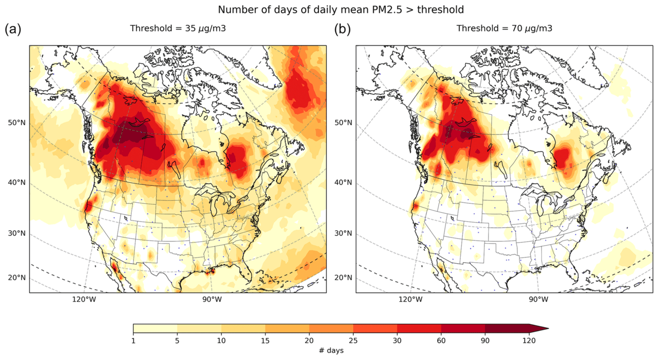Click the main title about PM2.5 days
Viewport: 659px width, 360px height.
340,9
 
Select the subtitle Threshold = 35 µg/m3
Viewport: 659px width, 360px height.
178,29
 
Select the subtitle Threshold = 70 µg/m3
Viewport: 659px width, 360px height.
504,29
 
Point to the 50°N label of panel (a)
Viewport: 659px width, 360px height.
16,123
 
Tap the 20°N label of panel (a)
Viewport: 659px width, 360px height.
16,278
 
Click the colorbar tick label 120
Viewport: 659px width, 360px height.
529,340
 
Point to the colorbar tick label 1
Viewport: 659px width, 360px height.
133,340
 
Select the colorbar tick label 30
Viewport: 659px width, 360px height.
397,340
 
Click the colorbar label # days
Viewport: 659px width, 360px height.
331,350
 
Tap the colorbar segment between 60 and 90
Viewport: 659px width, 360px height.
463,329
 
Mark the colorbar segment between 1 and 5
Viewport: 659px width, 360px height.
155,329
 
